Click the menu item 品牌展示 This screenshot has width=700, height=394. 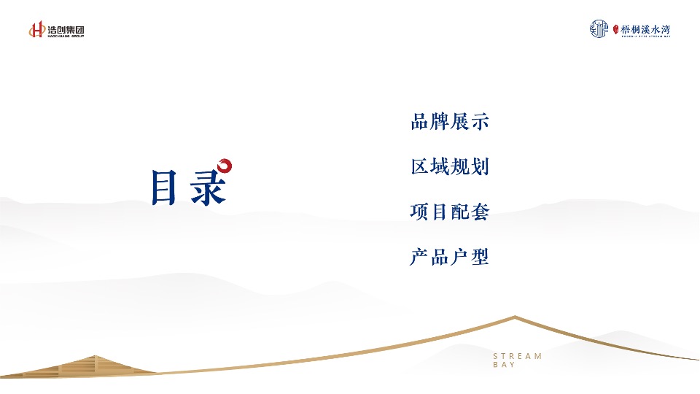[x=450, y=122]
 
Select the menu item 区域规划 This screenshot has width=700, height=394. [x=450, y=167]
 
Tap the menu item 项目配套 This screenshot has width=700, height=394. [x=450, y=212]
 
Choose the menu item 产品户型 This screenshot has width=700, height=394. [x=450, y=257]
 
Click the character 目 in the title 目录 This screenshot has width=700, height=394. [x=164, y=188]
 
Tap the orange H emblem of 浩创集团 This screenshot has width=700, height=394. [x=37, y=30]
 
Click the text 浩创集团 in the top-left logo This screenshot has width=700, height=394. [x=66, y=29]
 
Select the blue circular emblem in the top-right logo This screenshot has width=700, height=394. [x=599, y=29]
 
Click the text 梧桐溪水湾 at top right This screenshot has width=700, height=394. [x=645, y=29]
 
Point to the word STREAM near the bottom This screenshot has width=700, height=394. [x=518, y=356]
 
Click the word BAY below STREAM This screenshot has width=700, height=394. [x=504, y=365]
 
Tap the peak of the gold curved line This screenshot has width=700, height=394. [x=516, y=317]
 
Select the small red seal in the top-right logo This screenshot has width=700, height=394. [x=615, y=30]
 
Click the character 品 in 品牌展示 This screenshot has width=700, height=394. [x=420, y=122]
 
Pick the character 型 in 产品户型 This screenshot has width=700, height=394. [x=480, y=257]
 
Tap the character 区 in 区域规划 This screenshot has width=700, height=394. [x=420, y=167]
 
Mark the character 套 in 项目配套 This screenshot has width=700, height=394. [x=480, y=212]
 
